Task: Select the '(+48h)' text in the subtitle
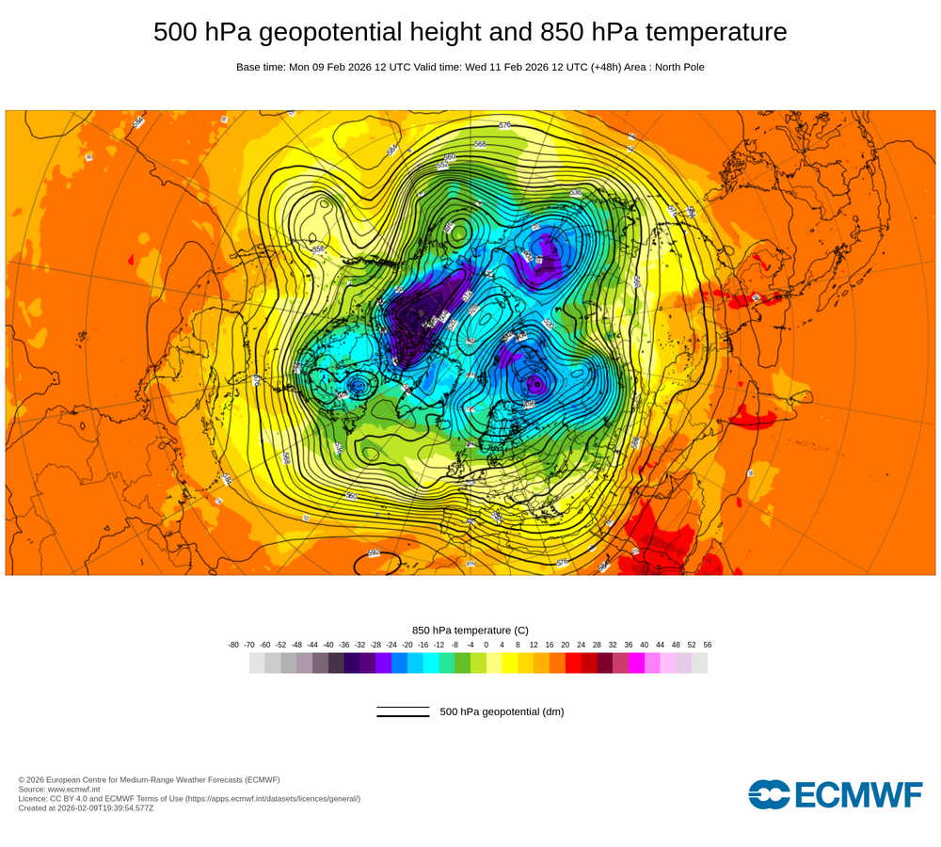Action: click(606, 67)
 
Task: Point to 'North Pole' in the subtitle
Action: click(677, 67)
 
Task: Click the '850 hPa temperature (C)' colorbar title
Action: click(470, 630)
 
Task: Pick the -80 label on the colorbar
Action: click(233, 645)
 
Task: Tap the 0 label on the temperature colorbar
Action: click(486, 645)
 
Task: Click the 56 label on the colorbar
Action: click(708, 645)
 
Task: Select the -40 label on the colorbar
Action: click(328, 645)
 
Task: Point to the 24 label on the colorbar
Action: click(581, 645)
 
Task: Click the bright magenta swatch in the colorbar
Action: click(636, 663)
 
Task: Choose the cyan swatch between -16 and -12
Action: click(431, 663)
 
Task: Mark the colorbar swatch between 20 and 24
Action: click(573, 663)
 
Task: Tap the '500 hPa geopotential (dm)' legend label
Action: click(502, 711)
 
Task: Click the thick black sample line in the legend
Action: click(403, 716)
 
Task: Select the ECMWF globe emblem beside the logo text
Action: click(769, 794)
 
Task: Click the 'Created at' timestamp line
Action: click(86, 807)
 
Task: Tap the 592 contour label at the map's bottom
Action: click(374, 553)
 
